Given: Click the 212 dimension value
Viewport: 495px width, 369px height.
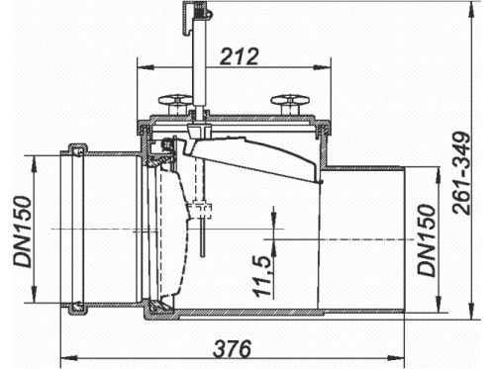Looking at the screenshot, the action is click(x=240, y=56).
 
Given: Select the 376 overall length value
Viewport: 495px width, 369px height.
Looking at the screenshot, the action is click(x=232, y=348).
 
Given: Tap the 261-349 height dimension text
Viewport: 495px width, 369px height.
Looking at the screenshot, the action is click(x=461, y=173).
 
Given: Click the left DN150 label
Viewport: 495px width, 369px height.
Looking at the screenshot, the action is click(x=23, y=231).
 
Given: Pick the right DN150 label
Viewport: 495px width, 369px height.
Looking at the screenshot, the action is click(x=427, y=239).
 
